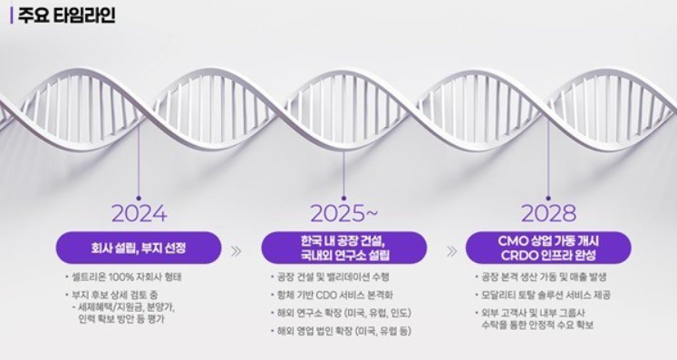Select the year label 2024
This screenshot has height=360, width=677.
click(139, 213)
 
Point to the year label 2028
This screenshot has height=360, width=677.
click(548, 213)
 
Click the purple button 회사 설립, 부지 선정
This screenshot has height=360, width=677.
click(139, 247)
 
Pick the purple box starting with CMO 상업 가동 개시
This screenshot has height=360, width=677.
click(548, 248)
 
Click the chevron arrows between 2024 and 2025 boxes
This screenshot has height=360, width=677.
click(237, 249)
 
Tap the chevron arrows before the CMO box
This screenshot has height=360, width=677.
click(450, 249)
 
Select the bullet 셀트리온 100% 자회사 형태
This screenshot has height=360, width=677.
click(127, 277)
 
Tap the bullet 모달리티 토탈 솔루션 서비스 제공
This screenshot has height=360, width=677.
click(546, 295)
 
